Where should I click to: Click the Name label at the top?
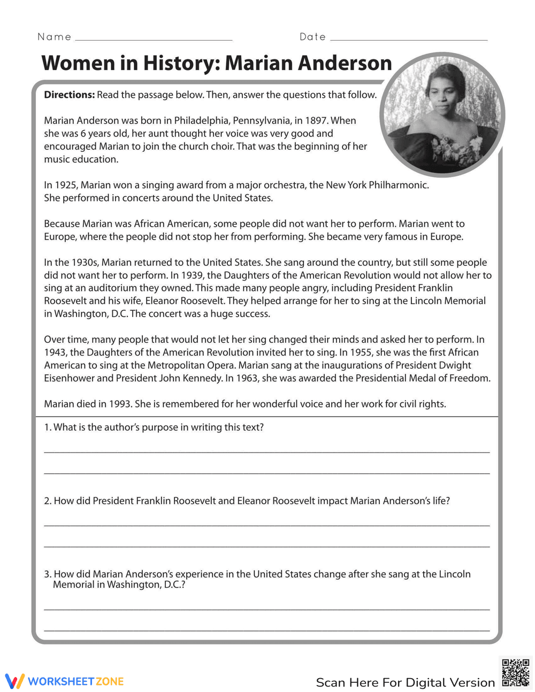(x=54, y=37)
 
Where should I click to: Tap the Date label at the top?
(x=312, y=37)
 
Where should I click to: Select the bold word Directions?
(x=68, y=95)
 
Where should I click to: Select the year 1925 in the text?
(x=66, y=185)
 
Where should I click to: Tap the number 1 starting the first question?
(x=47, y=427)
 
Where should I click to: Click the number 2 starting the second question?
(x=47, y=501)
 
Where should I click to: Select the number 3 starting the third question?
(x=47, y=574)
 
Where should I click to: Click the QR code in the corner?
(x=516, y=673)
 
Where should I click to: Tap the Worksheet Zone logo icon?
(x=15, y=681)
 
